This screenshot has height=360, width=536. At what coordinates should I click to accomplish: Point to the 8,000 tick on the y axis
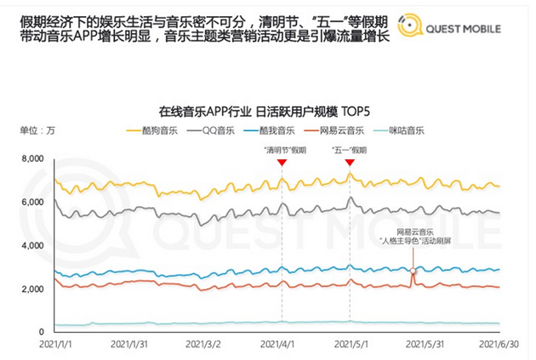31,159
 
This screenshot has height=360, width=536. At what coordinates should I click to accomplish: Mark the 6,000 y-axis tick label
31,202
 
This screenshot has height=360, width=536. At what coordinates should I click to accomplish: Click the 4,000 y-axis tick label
31,245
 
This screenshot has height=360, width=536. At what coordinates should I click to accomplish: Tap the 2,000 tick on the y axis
31,289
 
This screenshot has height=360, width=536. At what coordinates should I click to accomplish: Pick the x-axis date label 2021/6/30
500,345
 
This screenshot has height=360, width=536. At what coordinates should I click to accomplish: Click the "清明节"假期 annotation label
284,150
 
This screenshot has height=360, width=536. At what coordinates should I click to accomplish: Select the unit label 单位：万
38,130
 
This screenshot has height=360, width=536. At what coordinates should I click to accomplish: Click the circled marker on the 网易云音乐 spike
413,271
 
